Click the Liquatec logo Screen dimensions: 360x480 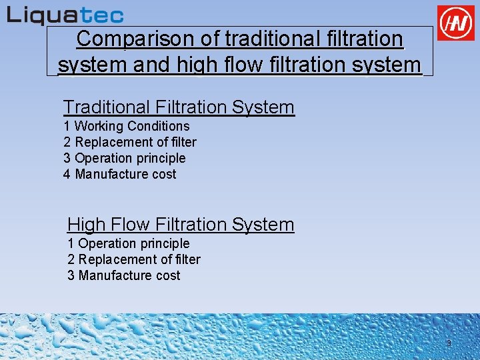click(x=65, y=15)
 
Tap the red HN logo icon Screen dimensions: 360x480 click(x=456, y=23)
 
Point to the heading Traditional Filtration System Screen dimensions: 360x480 click(x=179, y=107)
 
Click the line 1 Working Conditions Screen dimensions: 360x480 click(x=127, y=126)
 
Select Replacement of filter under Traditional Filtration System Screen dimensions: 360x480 click(x=136, y=142)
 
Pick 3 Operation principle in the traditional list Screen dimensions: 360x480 click(x=125, y=158)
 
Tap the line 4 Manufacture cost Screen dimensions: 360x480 click(x=120, y=174)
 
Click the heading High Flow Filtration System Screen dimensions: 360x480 click(x=181, y=224)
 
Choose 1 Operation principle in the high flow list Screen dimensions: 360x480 click(x=129, y=243)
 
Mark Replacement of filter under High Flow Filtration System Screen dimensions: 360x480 click(x=139, y=259)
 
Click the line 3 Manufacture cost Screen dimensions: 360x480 click(x=124, y=275)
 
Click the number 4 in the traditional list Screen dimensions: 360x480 click(x=67, y=174)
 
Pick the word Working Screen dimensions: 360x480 click(x=99, y=126)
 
